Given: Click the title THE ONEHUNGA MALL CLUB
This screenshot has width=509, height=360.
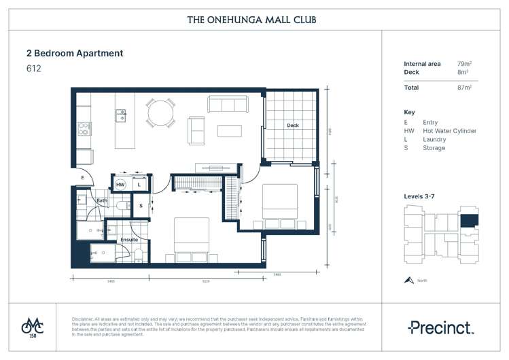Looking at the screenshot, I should click(x=251, y=20).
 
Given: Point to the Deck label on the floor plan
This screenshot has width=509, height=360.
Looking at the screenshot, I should click(x=292, y=126).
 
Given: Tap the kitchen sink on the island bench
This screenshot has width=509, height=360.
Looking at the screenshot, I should click(x=120, y=115).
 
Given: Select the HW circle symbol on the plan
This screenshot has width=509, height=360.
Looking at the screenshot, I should click(x=120, y=184).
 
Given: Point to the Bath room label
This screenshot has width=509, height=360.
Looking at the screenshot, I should click(x=102, y=201).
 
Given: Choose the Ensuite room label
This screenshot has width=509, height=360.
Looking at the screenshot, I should click(x=129, y=239).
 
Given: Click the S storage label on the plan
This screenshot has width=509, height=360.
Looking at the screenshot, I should click(x=141, y=205).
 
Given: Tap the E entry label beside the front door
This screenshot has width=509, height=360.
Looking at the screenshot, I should click(x=82, y=177).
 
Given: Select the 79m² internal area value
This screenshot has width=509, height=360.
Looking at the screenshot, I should click(x=465, y=64).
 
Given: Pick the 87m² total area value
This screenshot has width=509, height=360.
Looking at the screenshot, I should click(x=465, y=87).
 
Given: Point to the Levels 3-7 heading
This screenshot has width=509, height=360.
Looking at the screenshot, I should click(x=423, y=196).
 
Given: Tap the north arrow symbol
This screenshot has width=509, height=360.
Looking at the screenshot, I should click(x=409, y=280).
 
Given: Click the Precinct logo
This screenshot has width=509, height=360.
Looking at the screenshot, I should click(x=440, y=327).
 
